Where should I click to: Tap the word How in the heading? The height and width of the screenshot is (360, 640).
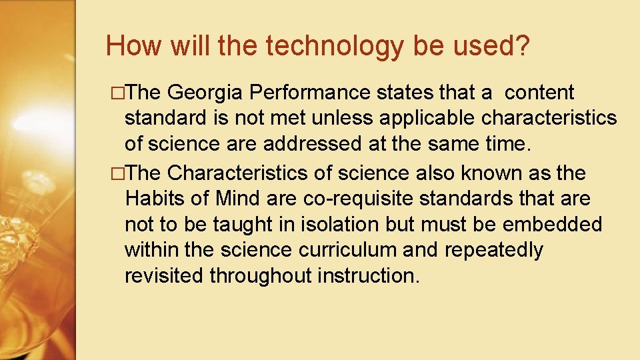pos(131,45)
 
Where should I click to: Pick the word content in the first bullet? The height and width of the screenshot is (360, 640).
pos(539,93)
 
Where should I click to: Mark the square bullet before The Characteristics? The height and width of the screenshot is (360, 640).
pos(119,174)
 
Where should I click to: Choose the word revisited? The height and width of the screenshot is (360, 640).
pos(164,275)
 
